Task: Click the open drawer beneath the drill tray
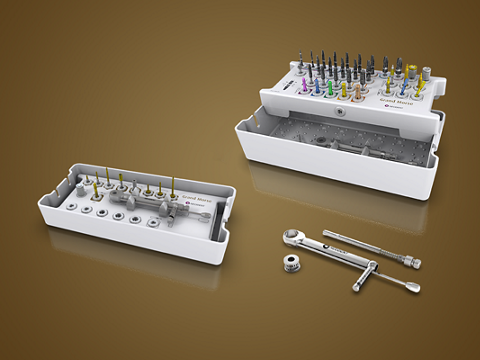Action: [340, 150]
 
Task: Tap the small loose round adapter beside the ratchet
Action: [292, 265]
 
